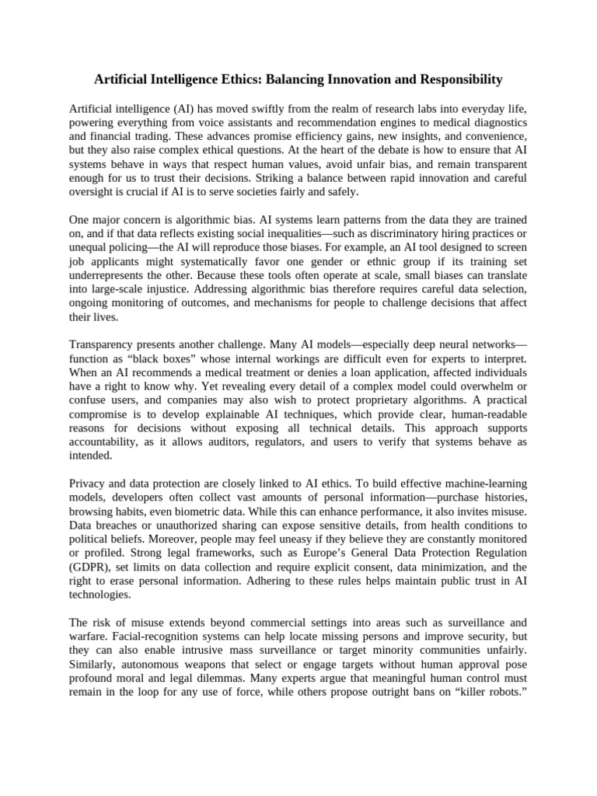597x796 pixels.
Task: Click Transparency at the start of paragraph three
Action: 105,344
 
